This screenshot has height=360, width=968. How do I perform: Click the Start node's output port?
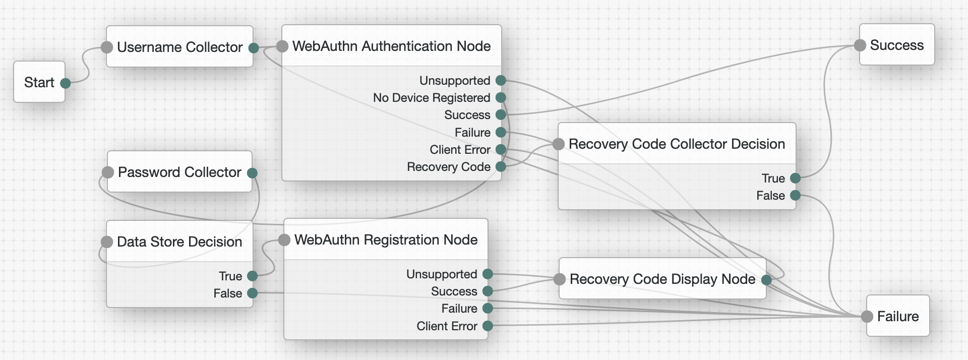66,83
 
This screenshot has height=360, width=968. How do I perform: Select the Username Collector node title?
179,47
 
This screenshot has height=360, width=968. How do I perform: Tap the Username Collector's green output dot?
254,48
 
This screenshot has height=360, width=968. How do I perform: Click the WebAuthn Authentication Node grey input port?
283,46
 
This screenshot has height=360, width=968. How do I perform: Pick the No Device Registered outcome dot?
501,97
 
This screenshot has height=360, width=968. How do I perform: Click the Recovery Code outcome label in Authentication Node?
448,167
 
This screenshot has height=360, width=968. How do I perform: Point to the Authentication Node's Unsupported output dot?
501,80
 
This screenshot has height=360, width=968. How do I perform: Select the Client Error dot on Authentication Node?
501,150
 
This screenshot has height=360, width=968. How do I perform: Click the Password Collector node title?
179,172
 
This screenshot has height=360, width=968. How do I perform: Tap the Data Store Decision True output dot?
253,276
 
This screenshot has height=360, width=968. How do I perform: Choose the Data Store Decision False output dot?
253,293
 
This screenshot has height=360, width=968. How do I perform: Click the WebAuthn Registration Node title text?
386,239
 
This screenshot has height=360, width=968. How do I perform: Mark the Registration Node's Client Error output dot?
488,326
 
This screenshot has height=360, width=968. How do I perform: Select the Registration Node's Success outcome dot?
488,291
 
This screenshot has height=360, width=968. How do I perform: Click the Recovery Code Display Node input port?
560,279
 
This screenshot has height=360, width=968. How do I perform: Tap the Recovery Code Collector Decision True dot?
795,178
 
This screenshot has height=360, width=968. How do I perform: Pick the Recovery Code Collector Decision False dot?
795,195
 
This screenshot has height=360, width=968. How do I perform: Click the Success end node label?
896,45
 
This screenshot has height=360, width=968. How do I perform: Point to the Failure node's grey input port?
867,317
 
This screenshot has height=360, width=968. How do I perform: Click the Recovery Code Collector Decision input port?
559,144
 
